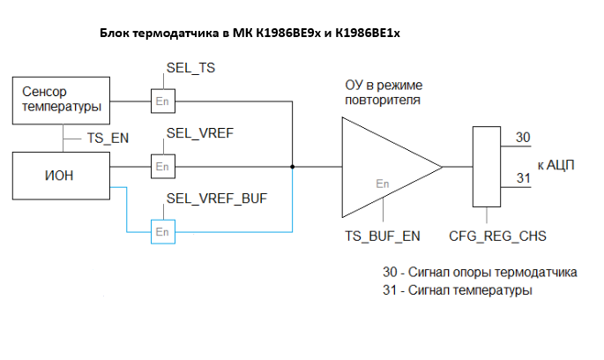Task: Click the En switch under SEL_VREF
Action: click(162, 166)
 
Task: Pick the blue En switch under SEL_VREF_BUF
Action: click(162, 231)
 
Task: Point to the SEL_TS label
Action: click(190, 68)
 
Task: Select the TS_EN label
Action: click(109, 139)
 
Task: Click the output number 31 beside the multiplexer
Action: click(523, 179)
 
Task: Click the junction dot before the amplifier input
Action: click(292, 166)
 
